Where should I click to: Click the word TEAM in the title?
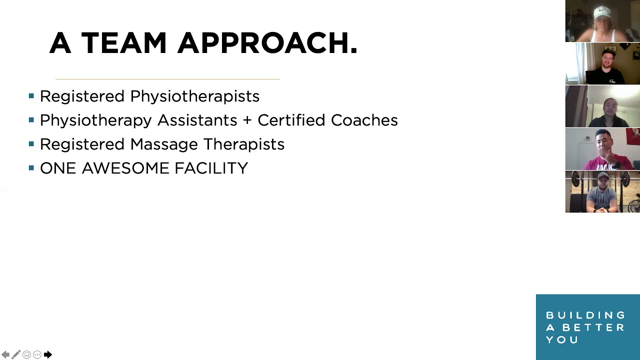(x=123, y=43)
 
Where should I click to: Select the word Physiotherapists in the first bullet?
(x=195, y=96)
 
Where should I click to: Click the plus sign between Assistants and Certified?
(x=247, y=120)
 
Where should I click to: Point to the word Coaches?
(x=364, y=120)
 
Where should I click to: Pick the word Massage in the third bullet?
(x=164, y=144)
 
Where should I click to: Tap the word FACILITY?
(x=211, y=168)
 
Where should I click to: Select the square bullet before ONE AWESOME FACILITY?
(x=31, y=167)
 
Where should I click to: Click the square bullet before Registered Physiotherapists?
(x=31, y=95)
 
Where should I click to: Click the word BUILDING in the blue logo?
(x=585, y=315)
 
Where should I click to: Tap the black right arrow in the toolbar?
(x=48, y=354)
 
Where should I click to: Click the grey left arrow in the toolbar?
(x=5, y=354)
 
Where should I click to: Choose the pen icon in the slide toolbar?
(x=16, y=354)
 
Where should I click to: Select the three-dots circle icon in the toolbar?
(x=37, y=354)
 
